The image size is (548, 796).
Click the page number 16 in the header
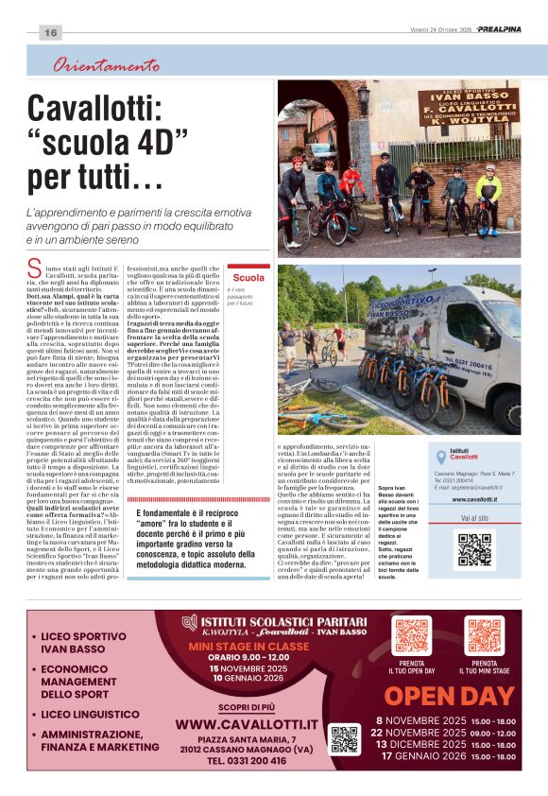(x=50, y=32)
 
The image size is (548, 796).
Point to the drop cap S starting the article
(x=35, y=268)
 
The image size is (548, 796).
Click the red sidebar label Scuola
(x=248, y=277)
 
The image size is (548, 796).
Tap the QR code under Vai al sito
(x=474, y=549)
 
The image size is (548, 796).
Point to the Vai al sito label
(x=474, y=519)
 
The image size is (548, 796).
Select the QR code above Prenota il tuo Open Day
(x=412, y=635)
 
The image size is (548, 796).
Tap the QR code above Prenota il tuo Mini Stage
(x=484, y=635)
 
